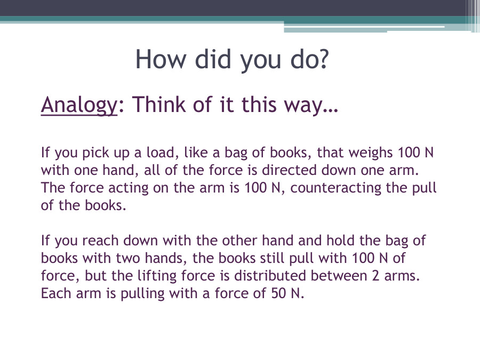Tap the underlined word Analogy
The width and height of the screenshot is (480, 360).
[x=78, y=105]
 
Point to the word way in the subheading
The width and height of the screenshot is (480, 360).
[x=311, y=105]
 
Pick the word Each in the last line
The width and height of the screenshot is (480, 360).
[x=55, y=293]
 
